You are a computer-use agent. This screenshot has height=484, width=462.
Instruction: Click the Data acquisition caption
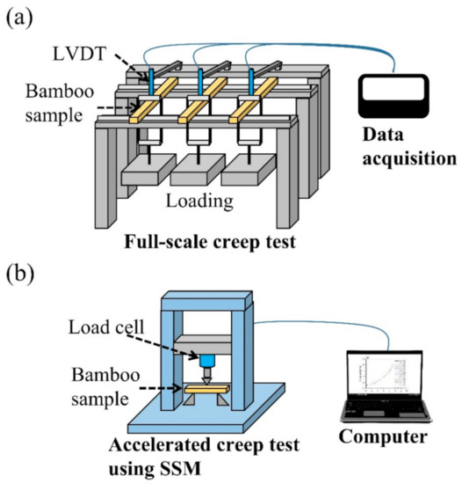point(400,150)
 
